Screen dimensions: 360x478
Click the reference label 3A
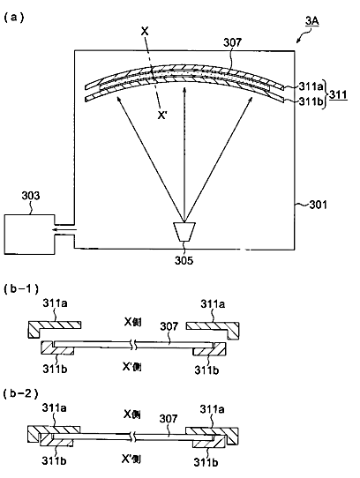click(311, 21)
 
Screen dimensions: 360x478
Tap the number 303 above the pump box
click(31, 196)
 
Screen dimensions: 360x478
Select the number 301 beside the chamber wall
click(318, 205)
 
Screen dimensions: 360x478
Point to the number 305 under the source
click(184, 260)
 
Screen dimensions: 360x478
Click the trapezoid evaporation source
click(184, 232)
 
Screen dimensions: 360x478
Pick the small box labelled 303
click(30, 234)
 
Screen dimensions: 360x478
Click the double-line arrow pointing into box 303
click(64, 229)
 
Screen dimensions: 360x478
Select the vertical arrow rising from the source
click(184, 154)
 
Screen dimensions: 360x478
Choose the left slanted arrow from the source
click(150, 159)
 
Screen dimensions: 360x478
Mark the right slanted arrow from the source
click(219, 159)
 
